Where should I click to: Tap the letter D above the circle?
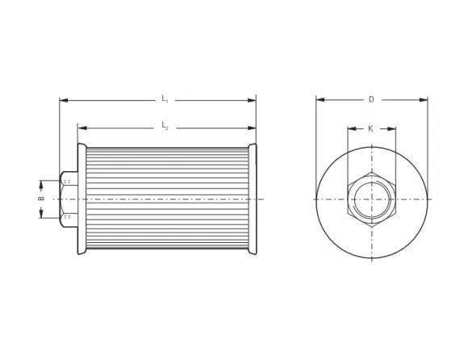[371, 99]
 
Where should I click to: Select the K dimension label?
[371, 128]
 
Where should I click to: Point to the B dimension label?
[41, 198]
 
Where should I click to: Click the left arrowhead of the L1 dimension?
[63, 100]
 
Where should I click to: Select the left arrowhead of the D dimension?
[320, 100]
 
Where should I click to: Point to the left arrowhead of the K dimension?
[352, 128]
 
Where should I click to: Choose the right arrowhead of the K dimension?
[392, 128]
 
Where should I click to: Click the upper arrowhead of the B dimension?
[41, 182]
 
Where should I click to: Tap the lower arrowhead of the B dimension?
[41, 213]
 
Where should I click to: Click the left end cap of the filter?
[82, 199]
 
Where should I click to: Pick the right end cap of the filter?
[253, 199]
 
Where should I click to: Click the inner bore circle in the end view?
[372, 199]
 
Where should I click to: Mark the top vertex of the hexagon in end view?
[372, 172]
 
